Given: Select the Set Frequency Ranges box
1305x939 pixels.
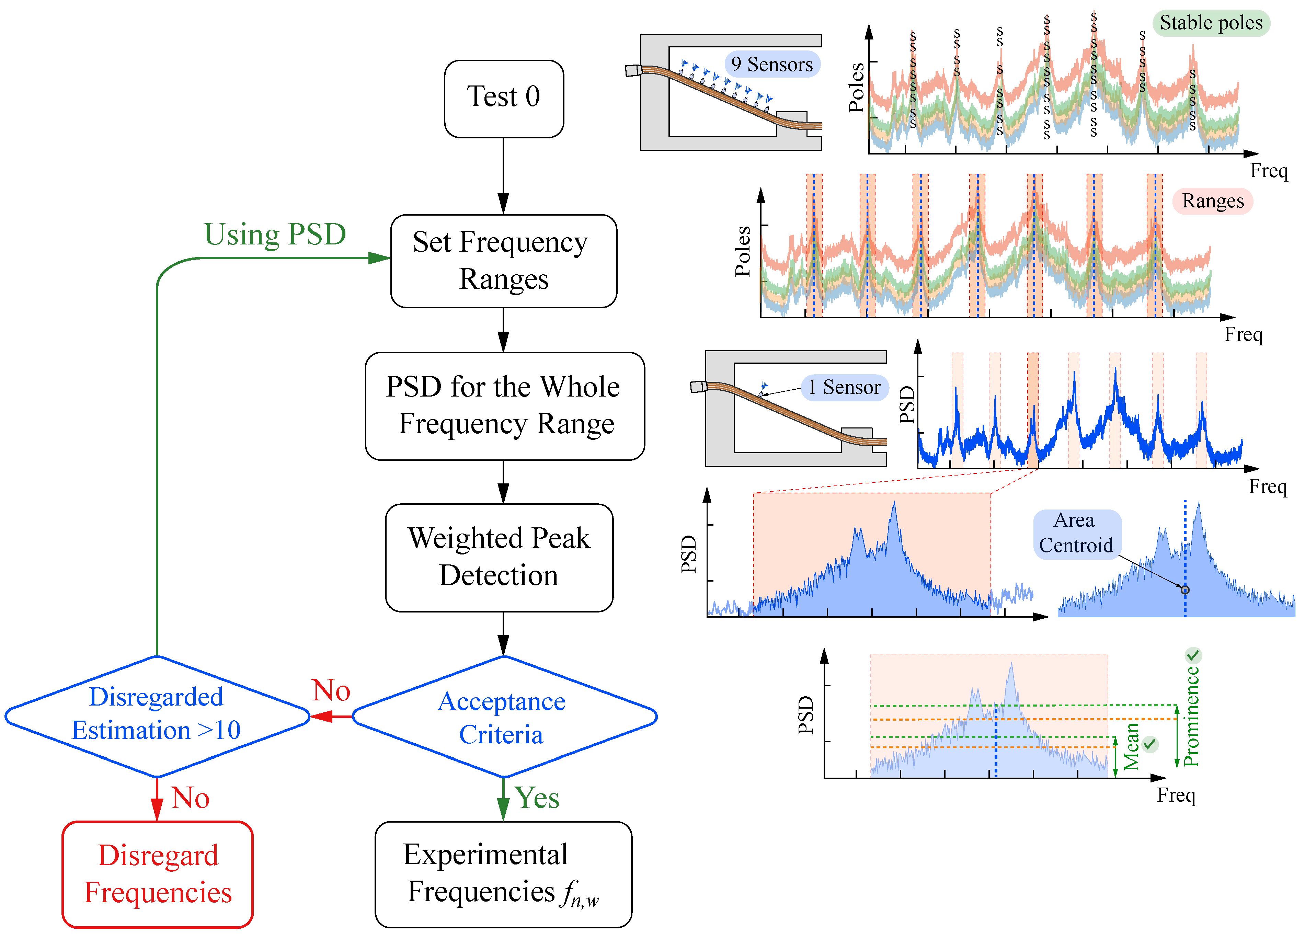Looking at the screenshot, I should click(503, 261).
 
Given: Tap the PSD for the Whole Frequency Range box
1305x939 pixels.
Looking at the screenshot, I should click(505, 405).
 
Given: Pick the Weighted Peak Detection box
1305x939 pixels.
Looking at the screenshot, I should click(499, 557).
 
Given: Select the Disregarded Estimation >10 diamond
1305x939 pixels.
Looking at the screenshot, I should click(157, 716).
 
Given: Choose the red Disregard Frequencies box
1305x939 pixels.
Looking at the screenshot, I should click(158, 874).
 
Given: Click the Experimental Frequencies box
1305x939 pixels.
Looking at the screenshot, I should click(503, 874).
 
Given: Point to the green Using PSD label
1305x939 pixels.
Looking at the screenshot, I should click(275, 234).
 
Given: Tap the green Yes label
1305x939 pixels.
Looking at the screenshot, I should click(537, 798).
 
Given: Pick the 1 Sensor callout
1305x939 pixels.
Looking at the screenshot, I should click(844, 387).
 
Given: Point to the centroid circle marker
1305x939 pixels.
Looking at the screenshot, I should click(1185, 590).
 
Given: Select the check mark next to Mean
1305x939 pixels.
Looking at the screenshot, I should click(1149, 744).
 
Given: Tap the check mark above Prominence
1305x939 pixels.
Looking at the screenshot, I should click(1193, 655).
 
